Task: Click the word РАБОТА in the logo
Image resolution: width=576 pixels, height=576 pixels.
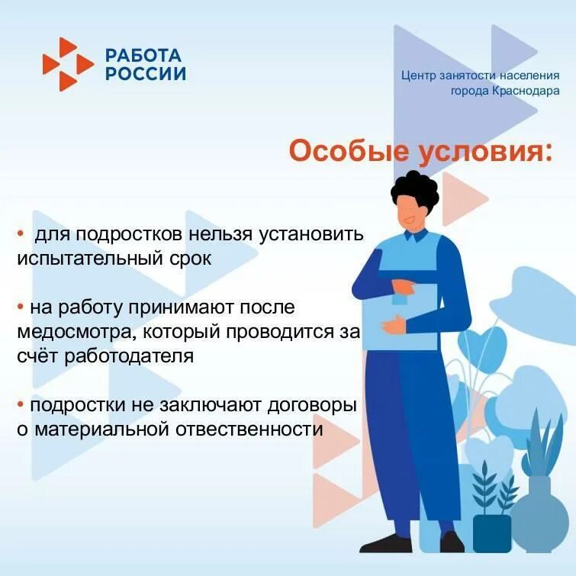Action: (143, 56)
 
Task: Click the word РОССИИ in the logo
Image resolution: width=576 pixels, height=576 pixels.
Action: (145, 74)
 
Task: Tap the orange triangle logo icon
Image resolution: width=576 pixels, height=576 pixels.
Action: (68, 64)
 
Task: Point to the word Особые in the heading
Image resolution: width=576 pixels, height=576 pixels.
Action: (348, 150)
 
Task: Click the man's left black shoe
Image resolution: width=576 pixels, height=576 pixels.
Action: (386, 544)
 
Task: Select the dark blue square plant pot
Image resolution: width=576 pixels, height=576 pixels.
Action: (492, 533)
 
